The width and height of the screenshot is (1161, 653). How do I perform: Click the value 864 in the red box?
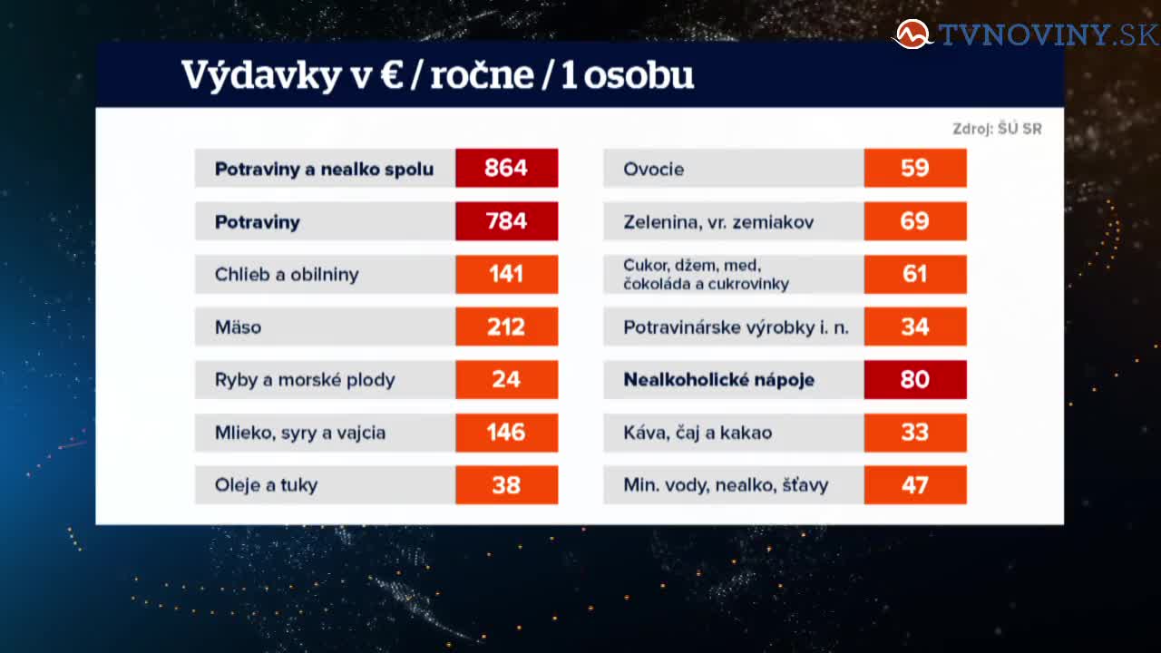[506, 168]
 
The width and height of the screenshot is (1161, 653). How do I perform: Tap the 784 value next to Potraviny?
[506, 221]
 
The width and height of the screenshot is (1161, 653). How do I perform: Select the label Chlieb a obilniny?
[287, 274]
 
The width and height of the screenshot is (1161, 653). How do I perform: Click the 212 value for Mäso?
[506, 327]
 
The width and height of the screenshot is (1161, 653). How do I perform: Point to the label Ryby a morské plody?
[305, 380]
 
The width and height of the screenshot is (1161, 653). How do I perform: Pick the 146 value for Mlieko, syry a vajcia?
[506, 433]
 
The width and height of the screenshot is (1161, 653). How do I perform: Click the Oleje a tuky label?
[266, 485]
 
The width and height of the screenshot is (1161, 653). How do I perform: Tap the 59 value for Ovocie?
[915, 168]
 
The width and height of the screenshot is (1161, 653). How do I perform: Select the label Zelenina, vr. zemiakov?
[718, 222]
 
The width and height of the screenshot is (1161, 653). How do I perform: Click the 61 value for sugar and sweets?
[915, 274]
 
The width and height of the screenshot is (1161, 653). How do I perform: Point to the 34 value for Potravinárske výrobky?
[915, 327]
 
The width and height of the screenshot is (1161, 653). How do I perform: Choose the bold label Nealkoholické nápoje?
[719, 380]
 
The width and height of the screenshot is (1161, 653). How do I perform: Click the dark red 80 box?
[915, 379]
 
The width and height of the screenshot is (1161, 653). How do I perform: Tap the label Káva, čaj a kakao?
[698, 433]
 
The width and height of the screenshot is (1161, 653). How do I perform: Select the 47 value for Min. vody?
[915, 485]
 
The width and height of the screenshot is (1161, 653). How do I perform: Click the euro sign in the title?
[392, 75]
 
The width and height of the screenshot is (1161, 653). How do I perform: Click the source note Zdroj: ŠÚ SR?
[997, 129]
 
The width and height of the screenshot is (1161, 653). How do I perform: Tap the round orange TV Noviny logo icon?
[912, 34]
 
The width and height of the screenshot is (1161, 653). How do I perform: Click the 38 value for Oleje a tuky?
[506, 485]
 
